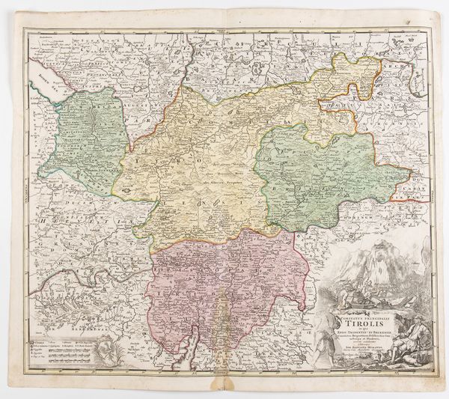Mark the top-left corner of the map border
click(x=23, y=29)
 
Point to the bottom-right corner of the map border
click(x=433, y=368)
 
